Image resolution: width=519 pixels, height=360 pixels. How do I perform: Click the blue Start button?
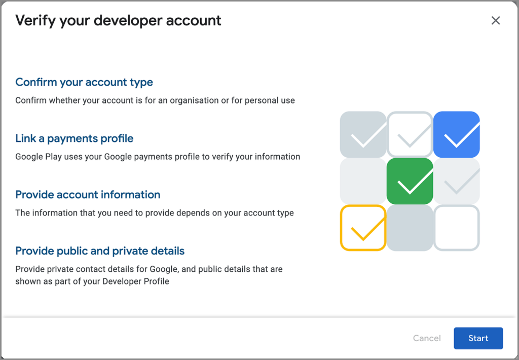coord(478,338)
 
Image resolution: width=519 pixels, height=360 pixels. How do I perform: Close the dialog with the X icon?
coord(496,20)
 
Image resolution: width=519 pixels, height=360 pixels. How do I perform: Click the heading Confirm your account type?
coord(84,82)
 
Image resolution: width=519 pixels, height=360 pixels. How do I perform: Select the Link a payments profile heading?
coord(75,138)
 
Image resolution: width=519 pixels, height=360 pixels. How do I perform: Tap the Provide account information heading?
coord(88,195)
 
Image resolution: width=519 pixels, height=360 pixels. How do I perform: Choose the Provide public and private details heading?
coord(100,251)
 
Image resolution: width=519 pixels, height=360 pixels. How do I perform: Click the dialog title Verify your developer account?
coord(118,21)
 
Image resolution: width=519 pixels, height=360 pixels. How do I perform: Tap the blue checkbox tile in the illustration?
coord(457,134)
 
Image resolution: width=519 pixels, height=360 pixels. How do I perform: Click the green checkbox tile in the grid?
coord(410,181)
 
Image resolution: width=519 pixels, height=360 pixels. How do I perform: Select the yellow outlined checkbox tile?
coord(363,228)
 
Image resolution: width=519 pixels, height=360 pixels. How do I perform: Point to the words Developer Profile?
coord(136,281)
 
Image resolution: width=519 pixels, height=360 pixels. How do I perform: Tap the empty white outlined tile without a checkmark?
coord(457,228)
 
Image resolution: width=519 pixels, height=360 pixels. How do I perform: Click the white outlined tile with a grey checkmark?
coord(410,134)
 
